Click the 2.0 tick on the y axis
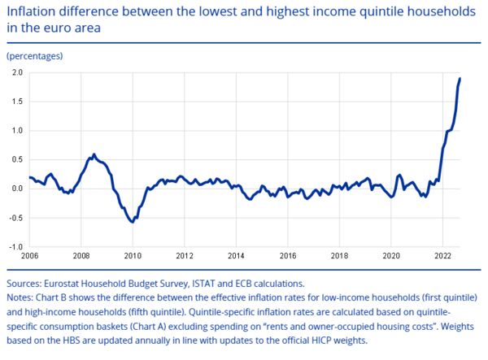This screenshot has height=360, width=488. (x=17, y=72)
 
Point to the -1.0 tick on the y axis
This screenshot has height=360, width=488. (x=16, y=247)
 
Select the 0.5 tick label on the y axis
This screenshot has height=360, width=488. (x=17, y=159)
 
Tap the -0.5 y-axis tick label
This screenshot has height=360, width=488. (x=16, y=218)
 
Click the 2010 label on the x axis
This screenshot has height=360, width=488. (x=133, y=256)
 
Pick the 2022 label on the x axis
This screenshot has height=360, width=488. (x=443, y=256)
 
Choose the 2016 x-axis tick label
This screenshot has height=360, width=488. (x=288, y=256)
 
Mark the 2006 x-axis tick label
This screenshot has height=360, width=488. (x=29, y=256)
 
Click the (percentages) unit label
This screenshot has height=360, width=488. (x=35, y=56)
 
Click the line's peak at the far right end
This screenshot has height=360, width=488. (x=460, y=78)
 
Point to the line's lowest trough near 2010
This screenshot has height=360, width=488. (x=133, y=222)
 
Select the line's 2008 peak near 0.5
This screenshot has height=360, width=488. (x=94, y=154)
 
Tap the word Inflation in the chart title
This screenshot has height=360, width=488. (x=31, y=12)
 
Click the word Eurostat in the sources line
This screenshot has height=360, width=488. (x=61, y=284)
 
